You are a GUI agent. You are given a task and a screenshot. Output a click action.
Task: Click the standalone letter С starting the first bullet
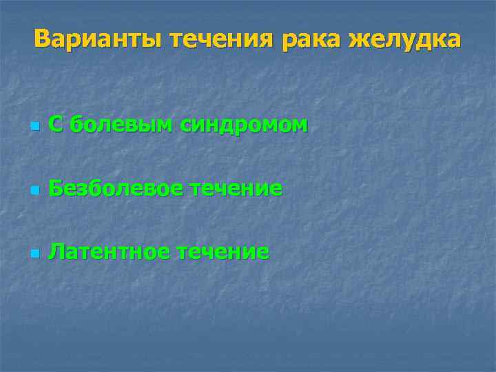(57, 125)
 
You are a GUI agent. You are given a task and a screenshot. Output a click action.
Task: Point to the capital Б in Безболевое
(57, 189)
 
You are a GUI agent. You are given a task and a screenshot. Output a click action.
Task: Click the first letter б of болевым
(77, 125)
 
